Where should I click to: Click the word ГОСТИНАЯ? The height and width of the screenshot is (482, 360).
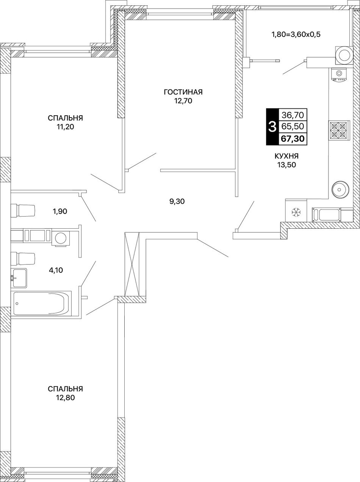183,92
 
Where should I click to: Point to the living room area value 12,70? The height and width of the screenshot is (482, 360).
183,101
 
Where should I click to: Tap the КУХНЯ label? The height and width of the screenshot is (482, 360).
286,156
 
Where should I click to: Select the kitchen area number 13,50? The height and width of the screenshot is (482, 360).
286,165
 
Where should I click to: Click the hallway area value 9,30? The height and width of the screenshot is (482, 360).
177,201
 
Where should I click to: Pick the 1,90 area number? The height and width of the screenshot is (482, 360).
59,212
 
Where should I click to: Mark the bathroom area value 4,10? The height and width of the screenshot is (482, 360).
56,270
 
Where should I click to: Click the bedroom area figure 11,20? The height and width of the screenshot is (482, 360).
66,127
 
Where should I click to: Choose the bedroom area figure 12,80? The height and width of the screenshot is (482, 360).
66,244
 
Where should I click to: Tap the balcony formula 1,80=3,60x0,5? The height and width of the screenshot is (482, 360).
296,35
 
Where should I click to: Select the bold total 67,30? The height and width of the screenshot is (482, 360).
293,139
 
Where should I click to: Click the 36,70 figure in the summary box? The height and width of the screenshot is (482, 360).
293,115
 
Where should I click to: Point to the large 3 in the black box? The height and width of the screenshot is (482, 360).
272,127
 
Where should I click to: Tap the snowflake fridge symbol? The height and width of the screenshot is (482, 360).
296,212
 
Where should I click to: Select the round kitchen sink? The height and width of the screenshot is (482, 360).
340,189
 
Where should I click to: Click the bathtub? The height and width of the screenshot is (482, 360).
41,304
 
